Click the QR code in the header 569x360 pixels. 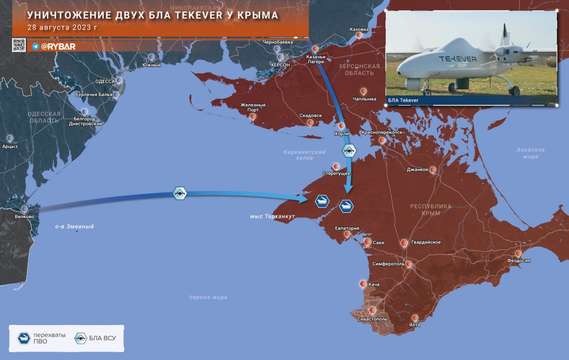coord(19,45)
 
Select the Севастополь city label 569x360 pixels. coord(373,319)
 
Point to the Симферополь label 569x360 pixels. coord(388,264)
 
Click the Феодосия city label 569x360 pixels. coord(519,261)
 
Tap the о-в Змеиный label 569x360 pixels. coord(74,227)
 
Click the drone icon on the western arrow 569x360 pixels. coord(180,193)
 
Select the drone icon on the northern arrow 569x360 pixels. coord(349,150)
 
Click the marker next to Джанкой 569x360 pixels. coord(433,170)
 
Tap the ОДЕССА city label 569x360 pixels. coord(105,82)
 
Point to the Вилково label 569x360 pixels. coord(24,217)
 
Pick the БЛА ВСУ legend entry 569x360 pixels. coord(96,338)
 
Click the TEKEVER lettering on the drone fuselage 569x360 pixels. coord(457,59)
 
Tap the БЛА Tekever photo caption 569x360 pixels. coord(404,100)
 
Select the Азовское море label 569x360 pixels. coord(531,153)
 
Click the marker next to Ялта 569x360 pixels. coord(415,318)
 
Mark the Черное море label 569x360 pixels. coord(208,297)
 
